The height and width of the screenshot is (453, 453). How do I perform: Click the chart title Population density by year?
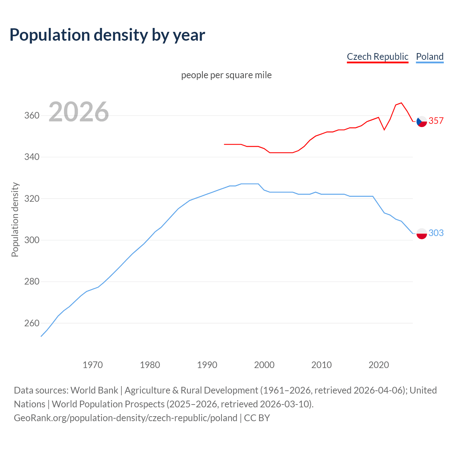click(x=107, y=35)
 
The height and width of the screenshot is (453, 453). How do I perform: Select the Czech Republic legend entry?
click(x=377, y=57)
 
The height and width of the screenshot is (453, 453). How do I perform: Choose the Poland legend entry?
click(x=430, y=57)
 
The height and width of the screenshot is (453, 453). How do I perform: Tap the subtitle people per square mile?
click(x=226, y=75)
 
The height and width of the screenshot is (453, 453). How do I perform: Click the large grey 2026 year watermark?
click(x=79, y=112)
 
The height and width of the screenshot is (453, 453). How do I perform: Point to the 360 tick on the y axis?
click(x=31, y=116)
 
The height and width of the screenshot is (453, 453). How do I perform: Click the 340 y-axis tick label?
click(x=31, y=157)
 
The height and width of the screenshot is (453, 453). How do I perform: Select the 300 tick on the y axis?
click(x=31, y=240)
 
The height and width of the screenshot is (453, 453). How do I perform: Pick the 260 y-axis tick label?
click(x=31, y=323)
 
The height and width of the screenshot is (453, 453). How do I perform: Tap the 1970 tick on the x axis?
click(x=93, y=365)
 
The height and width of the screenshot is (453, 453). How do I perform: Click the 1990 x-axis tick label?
click(x=207, y=365)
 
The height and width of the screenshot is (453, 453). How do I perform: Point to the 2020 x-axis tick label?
click(x=379, y=365)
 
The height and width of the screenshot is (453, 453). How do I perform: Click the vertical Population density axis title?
click(x=15, y=219)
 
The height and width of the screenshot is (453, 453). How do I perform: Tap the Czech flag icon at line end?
click(x=422, y=121)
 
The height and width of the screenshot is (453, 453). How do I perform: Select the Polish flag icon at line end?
click(x=422, y=234)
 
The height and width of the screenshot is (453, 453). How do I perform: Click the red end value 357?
click(x=436, y=121)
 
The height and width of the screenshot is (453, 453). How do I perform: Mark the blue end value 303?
click(x=436, y=233)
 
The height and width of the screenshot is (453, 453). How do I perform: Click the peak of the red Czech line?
click(x=401, y=103)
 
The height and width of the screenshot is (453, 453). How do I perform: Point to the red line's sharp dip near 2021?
click(x=384, y=130)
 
